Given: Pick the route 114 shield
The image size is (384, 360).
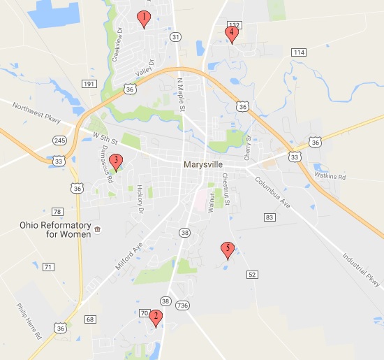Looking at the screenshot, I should pyautogui.click(x=300, y=53).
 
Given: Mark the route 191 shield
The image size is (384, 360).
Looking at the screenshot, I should pyautogui.click(x=89, y=84).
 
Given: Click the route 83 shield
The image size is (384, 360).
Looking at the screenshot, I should pyautogui.click(x=269, y=218).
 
